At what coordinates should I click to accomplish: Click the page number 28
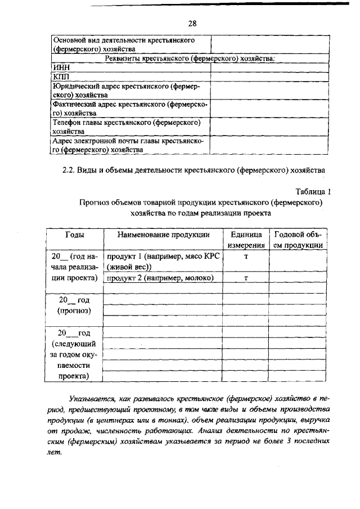191,23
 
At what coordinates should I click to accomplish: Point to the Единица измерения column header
246,240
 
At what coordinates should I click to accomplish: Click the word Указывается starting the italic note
89,398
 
